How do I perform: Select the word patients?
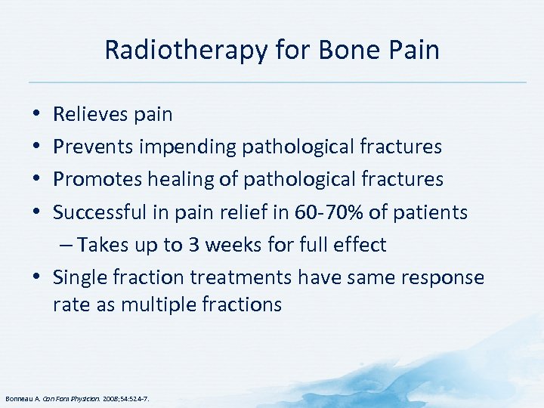point(433,212)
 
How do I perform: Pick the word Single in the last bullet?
point(76,277)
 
